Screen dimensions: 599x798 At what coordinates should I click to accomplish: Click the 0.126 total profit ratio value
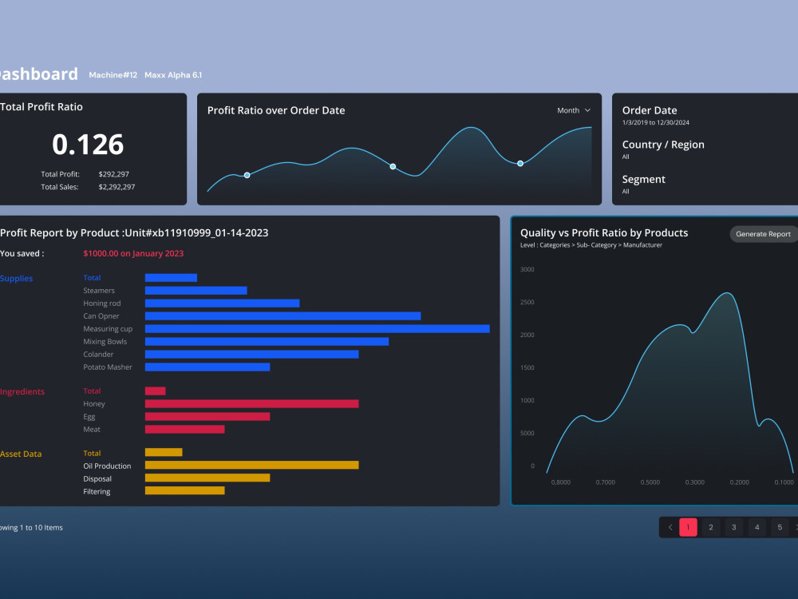point(88,145)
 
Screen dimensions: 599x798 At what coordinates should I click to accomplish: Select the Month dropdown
point(574,110)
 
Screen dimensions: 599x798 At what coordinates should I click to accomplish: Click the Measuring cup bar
point(317,328)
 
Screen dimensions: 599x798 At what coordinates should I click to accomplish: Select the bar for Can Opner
point(282,315)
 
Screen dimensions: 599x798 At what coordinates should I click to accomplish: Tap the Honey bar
point(251,403)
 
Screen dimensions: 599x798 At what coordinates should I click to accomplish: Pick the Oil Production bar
point(251,465)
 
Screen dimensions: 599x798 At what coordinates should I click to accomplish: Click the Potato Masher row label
point(108,367)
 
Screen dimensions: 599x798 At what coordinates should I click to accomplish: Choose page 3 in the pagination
point(733,527)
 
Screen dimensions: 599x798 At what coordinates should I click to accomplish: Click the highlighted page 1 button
point(688,527)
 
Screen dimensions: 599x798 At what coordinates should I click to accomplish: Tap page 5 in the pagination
point(780,527)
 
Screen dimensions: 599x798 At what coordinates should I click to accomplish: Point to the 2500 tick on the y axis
point(527,302)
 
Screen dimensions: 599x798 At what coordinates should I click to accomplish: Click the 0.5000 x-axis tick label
point(650,482)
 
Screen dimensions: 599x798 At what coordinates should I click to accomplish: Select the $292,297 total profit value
point(114,174)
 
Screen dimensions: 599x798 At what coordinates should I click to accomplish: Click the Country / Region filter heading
point(663,145)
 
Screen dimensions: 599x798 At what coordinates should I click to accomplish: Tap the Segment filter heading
point(643,180)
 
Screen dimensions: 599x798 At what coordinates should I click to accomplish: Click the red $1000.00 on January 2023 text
point(133,253)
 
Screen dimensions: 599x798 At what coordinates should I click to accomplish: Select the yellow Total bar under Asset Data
point(164,452)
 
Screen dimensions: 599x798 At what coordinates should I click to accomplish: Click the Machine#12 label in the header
point(113,75)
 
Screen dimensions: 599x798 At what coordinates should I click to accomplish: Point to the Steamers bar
point(196,290)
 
